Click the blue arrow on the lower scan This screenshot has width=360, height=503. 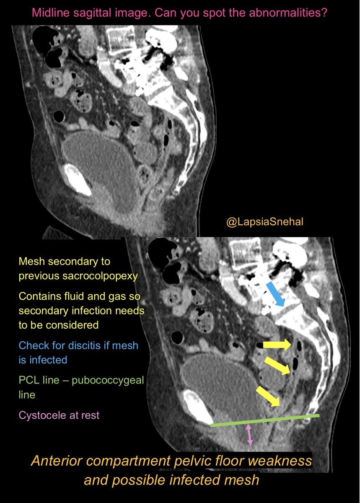pyautogui.click(x=275, y=293)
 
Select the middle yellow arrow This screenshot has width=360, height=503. pyautogui.click(x=277, y=365)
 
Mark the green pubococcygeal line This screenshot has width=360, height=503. pyautogui.click(x=264, y=420)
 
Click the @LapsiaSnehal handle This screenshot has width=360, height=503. pyautogui.click(x=264, y=222)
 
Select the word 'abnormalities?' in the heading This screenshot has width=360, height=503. pyautogui.click(x=284, y=13)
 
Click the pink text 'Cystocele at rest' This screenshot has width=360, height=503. pyautogui.click(x=59, y=415)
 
